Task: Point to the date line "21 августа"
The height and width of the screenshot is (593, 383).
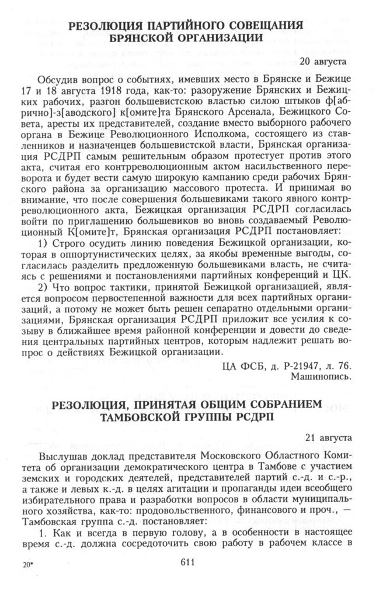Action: [327, 437]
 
